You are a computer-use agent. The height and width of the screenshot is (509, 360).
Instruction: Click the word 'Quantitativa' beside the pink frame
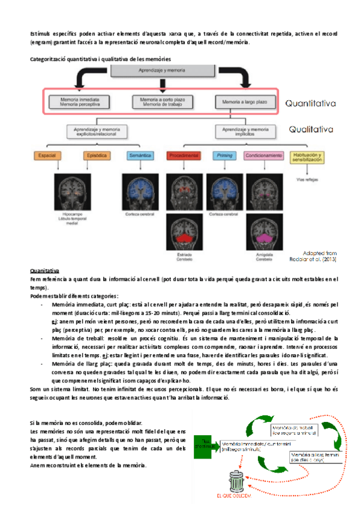(x=310, y=103)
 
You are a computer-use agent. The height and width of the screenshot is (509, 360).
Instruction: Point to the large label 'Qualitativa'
(x=310, y=128)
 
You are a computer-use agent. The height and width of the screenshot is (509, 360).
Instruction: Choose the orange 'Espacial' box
(x=46, y=156)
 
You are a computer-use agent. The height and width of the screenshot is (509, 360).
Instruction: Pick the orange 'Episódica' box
(x=97, y=156)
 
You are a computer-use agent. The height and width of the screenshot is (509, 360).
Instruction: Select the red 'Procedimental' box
(x=184, y=156)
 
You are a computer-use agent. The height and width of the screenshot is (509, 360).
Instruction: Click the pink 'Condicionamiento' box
(x=264, y=156)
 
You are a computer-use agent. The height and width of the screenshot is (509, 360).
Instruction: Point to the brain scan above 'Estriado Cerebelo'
(x=184, y=241)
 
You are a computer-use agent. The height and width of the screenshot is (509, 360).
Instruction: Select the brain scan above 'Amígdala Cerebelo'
(x=263, y=240)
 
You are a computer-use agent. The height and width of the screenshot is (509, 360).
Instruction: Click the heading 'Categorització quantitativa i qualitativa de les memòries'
(x=100, y=59)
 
